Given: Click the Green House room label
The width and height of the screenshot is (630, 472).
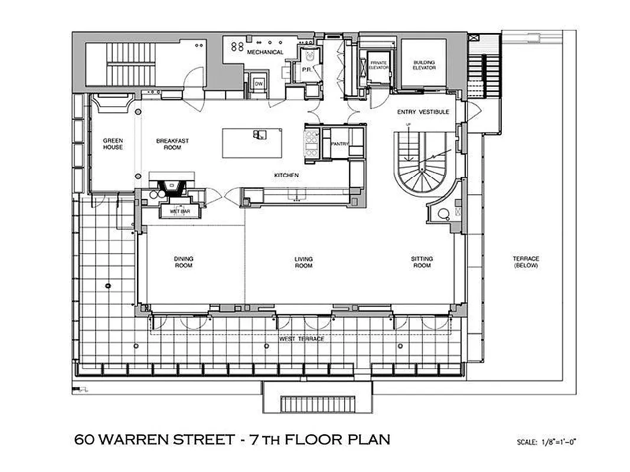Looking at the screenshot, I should pyautogui.click(x=113, y=143).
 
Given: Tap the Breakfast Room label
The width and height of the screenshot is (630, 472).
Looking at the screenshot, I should pyautogui.click(x=168, y=143).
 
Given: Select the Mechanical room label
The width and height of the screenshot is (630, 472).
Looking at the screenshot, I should pyautogui.click(x=265, y=53).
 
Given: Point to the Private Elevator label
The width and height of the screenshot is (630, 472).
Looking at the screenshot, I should pyautogui.click(x=378, y=64).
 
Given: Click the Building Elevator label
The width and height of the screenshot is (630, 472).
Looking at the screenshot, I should pyautogui.click(x=424, y=65).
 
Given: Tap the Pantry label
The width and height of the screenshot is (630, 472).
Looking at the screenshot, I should pyautogui.click(x=340, y=143).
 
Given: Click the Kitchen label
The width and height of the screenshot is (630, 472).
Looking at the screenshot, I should pyautogui.click(x=286, y=176).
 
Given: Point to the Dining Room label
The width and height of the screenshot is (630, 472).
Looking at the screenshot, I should pyautogui.click(x=184, y=262).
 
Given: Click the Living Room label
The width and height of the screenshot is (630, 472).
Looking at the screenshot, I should pyautogui.click(x=303, y=262).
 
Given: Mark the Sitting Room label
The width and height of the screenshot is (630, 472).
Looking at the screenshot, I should pyautogui.click(x=422, y=262).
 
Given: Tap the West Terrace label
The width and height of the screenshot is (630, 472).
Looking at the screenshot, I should pyautogui.click(x=302, y=340).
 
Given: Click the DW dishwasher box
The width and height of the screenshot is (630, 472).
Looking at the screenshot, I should pyautogui.click(x=258, y=83).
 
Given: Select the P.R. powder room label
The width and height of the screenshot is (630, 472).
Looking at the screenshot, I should pyautogui.click(x=306, y=69).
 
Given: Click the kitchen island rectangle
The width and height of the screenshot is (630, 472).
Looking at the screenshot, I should pyautogui.click(x=252, y=143).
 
